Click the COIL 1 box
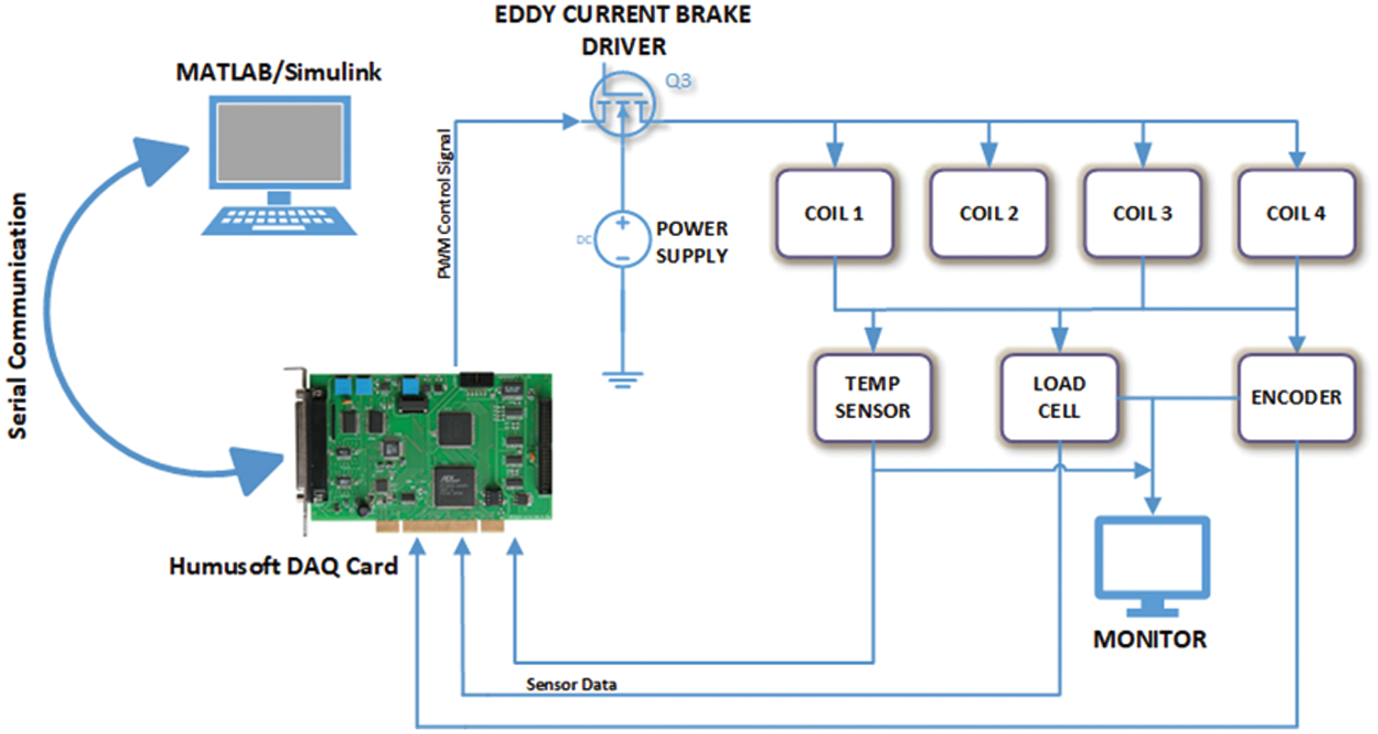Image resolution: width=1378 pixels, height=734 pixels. tap(833, 214)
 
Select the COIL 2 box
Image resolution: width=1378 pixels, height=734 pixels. tap(988, 214)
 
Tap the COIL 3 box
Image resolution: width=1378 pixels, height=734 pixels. tap(1142, 214)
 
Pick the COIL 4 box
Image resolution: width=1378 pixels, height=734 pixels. tap(1296, 214)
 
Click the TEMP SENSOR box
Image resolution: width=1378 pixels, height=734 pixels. tap(873, 397)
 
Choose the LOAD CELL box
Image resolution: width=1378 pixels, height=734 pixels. tap(1059, 397)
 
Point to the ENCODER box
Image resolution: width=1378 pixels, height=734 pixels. tap(1296, 398)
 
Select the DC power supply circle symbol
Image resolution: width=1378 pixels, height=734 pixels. tap(622, 240)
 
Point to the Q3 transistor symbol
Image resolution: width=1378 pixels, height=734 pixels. tap(623, 103)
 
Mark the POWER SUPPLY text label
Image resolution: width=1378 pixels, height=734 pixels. tap(691, 242)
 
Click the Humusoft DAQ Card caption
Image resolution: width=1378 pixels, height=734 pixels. tap(283, 566)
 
